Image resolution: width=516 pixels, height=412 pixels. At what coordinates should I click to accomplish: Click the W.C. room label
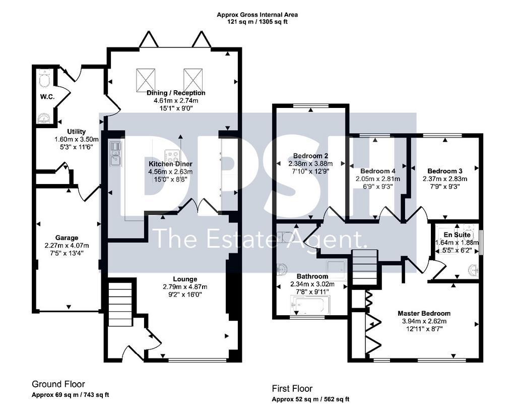click(x=47, y=97)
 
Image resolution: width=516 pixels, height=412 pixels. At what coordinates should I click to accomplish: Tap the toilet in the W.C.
click(x=44, y=77)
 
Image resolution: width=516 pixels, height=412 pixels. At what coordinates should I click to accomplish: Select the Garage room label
click(x=67, y=238)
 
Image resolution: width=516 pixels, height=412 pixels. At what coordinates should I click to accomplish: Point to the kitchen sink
click(x=116, y=153)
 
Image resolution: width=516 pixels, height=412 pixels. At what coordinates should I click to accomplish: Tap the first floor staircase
click(x=365, y=267)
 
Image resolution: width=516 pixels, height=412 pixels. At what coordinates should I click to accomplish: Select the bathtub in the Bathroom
click(x=310, y=304)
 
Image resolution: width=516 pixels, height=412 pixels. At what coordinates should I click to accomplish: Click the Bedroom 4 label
click(x=378, y=171)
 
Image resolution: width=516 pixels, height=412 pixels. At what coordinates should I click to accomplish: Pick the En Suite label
click(x=457, y=234)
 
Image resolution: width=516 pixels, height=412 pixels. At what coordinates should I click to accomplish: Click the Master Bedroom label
click(x=424, y=313)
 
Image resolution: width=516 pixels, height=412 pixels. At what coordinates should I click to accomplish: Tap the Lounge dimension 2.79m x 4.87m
click(x=185, y=287)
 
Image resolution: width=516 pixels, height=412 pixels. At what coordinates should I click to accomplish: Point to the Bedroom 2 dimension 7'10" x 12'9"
click(x=310, y=171)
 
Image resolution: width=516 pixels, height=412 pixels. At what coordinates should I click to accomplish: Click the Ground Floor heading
click(x=58, y=384)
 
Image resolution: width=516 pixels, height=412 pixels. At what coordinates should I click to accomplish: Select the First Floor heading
click(x=292, y=389)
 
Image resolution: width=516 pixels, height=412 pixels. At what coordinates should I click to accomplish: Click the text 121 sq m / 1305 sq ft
click(x=257, y=22)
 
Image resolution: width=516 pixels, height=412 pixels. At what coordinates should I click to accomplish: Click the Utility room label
click(x=77, y=132)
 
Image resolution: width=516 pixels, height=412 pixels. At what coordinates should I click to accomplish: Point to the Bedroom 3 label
click(x=445, y=171)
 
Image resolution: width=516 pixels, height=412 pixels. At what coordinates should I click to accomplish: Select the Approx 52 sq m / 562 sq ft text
click(x=310, y=399)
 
